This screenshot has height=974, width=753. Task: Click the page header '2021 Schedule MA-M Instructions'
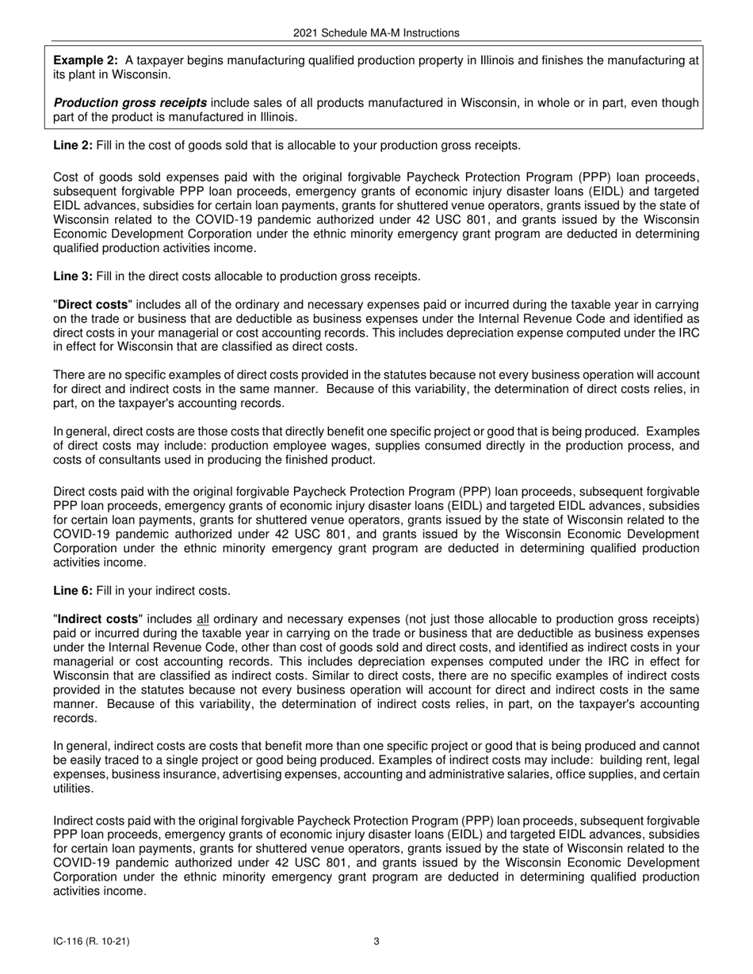tap(376, 33)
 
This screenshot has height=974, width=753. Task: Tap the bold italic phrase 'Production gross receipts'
tap(130, 103)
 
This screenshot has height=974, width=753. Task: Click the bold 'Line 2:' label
tap(73, 145)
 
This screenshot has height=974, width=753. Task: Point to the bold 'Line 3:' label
tap(73, 276)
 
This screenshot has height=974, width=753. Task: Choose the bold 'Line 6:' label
tap(73, 591)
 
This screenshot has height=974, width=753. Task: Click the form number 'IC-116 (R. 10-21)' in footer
tap(92, 942)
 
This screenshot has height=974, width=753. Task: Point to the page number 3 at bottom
tap(376, 942)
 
